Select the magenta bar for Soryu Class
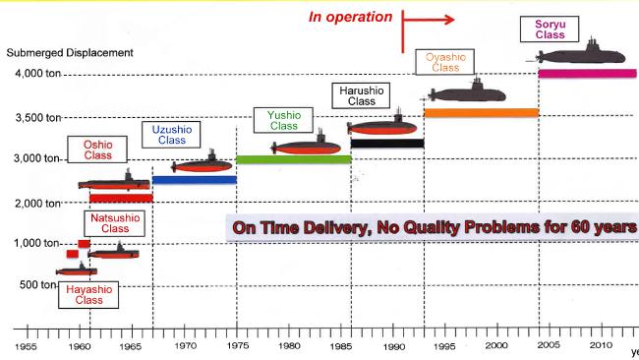(x=587, y=73)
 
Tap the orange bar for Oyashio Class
(x=481, y=112)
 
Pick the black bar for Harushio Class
(x=386, y=143)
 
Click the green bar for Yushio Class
(x=293, y=159)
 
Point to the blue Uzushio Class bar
(x=194, y=180)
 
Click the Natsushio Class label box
(x=115, y=223)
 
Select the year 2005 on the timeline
(x=549, y=345)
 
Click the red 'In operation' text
(x=351, y=17)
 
